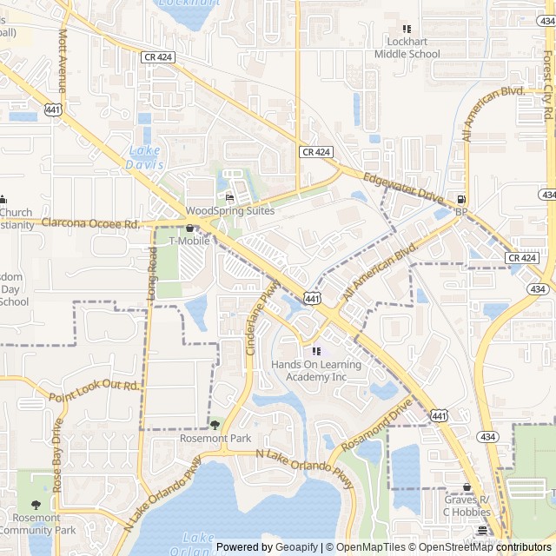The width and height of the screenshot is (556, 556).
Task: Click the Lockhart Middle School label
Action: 407,48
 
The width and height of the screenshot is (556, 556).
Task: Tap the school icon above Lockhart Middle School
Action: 407,30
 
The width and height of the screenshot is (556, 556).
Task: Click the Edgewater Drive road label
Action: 404,187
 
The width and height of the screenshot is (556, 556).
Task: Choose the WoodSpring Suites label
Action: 230,211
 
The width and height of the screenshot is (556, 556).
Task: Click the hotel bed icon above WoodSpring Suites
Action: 229,197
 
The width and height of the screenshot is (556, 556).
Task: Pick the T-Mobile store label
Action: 189,241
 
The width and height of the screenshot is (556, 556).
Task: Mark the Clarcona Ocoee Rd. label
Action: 90,224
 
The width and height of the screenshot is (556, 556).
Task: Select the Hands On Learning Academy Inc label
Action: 316,371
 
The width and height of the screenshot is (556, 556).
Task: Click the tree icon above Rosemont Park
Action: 215,425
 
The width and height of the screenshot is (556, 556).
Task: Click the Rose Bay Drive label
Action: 57,456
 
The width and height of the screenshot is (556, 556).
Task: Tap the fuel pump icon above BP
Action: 460,198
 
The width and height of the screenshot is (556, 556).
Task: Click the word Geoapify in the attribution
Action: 298,547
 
